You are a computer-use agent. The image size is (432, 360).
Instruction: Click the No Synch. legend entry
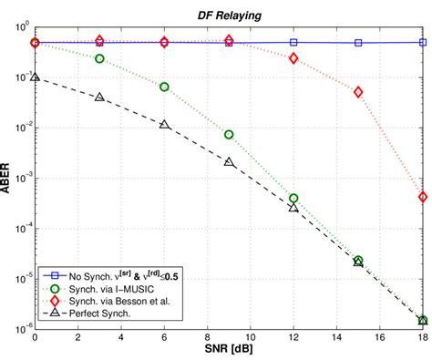(128, 272)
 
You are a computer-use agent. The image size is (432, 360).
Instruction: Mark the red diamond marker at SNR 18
(423, 197)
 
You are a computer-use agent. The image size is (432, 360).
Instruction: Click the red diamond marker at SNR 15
(358, 92)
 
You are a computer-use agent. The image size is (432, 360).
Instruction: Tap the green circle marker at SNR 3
(99, 58)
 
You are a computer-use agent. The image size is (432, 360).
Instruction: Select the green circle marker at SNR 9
(229, 135)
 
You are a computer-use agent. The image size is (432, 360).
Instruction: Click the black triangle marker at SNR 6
(164, 124)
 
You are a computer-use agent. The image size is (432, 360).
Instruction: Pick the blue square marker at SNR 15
(358, 43)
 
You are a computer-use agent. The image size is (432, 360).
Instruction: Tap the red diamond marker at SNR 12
(293, 58)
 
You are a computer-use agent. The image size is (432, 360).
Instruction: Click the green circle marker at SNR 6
(164, 87)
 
